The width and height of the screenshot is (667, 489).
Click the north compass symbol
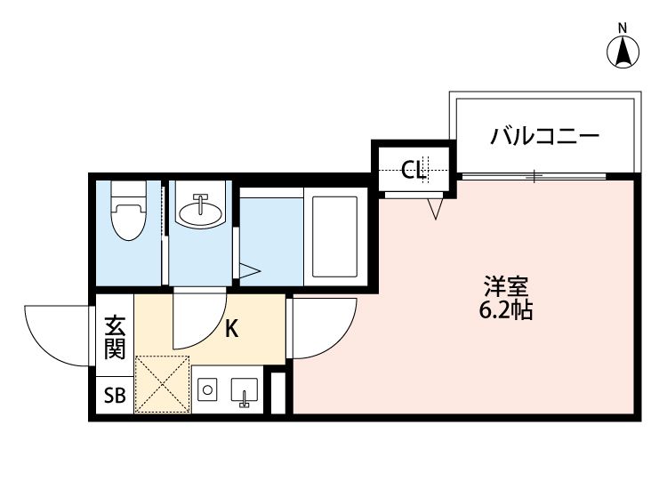(624, 52)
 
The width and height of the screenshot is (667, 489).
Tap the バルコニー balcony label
(545, 137)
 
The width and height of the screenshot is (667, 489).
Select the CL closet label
(414, 169)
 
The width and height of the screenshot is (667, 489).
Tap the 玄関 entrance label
(115, 337)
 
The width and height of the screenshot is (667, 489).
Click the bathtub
(333, 236)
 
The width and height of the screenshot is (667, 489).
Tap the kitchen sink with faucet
(243, 391)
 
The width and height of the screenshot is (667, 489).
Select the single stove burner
(208, 389)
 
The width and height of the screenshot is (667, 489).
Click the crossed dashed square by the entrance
(162, 384)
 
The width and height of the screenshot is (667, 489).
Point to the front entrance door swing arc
(59, 334)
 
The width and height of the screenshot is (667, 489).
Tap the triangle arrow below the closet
(435, 209)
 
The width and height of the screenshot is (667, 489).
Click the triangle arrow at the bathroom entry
(248, 270)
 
